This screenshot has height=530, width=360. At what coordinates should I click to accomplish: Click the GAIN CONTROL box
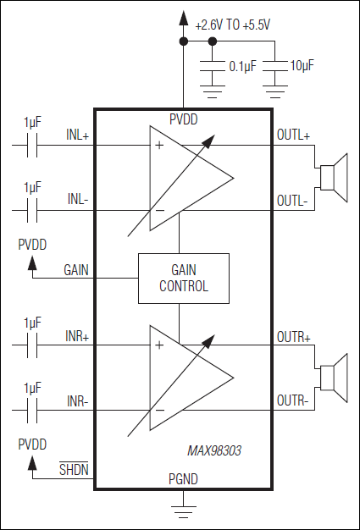tap(184, 278)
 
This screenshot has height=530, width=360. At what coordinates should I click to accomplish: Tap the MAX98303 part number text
tap(214, 451)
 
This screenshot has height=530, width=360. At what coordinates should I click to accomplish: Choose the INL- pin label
tap(78, 200)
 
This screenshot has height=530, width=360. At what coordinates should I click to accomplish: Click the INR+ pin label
tap(78, 337)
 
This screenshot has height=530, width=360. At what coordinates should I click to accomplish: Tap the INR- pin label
tap(78, 400)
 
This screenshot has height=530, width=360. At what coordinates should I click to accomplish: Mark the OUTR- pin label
tap(292, 400)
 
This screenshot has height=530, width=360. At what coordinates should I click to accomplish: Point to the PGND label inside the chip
tap(183, 478)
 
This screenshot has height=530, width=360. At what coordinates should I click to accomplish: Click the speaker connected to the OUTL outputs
tap(333, 176)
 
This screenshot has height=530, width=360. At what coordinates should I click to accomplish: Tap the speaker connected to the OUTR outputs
tap(333, 376)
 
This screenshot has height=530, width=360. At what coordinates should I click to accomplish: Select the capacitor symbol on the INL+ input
tap(33, 146)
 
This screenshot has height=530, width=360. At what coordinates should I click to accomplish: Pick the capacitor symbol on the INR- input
tap(33, 411)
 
